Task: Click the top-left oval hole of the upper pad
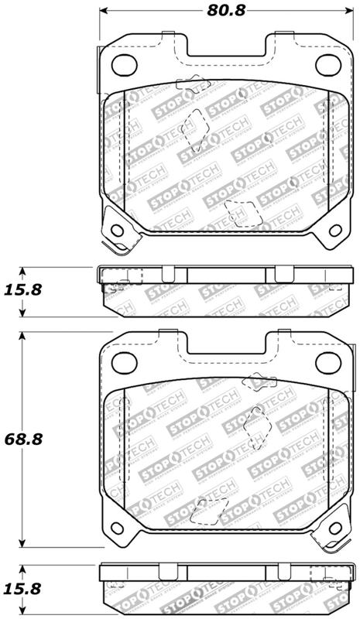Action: [126, 63]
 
